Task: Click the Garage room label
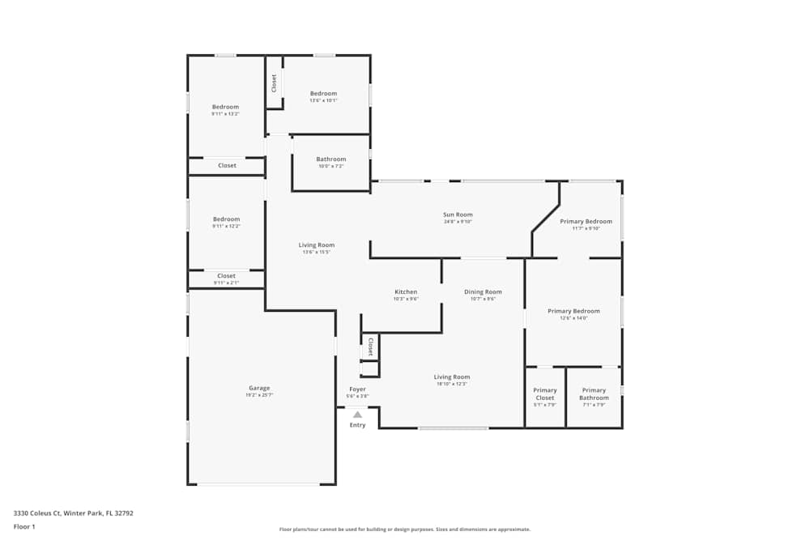coord(259,389)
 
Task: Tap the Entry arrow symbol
coord(357,415)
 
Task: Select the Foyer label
coord(357,389)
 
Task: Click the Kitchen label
coord(406,292)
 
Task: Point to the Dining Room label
coord(483,292)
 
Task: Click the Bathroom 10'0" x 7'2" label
coord(330,159)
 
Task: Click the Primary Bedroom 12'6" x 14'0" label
coord(573,312)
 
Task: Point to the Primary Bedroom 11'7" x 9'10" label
coord(586,222)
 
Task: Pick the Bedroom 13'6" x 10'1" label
coord(323,94)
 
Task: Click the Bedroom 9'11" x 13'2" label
coord(225,108)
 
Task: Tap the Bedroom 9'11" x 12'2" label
coord(226,219)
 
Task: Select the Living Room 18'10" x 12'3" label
coord(451,377)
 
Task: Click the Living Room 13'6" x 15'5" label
coord(316,245)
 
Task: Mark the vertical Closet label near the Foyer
coord(370,347)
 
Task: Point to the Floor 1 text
coord(24,526)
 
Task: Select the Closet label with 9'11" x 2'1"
coord(226,276)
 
